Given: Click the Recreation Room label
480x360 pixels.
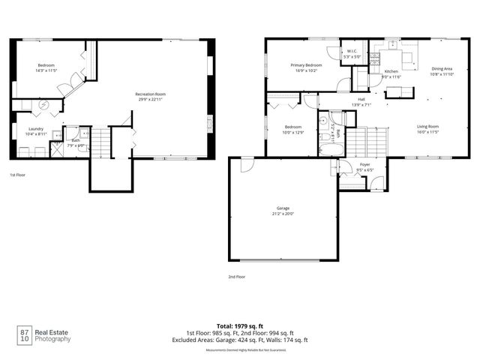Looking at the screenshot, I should (150, 94).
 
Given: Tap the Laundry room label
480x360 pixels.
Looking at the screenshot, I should (35, 128).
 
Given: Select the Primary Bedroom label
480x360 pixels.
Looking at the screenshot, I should (307, 65).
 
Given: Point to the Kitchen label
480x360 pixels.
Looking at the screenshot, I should (391, 71).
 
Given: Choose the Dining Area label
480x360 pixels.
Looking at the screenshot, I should (441, 69).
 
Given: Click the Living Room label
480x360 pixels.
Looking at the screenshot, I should (428, 126).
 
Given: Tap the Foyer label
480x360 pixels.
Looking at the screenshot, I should (364, 164).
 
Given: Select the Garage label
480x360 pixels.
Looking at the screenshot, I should (283, 208).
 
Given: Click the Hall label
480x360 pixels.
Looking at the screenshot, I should (361, 99).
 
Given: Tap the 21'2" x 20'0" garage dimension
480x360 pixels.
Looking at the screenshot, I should (283, 214).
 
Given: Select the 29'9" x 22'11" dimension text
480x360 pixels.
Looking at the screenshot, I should (150, 100).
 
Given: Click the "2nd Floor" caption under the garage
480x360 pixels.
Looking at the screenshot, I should (237, 277).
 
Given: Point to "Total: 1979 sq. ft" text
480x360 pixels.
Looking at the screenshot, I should (240, 326).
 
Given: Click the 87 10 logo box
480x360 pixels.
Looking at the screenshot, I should (25, 335).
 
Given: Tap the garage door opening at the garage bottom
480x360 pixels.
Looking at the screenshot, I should (283, 260).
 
